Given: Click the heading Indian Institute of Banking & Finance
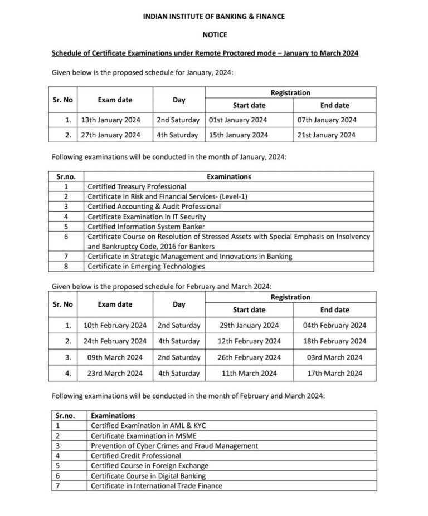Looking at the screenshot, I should pyautogui.click(x=214, y=17).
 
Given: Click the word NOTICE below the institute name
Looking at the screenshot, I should pyautogui.click(x=214, y=35).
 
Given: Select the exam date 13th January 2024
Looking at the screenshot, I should pyautogui.click(x=111, y=120).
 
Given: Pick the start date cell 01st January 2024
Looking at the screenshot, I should pyautogui.click(x=238, y=120).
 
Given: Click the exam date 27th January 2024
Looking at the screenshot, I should pyautogui.click(x=111, y=135).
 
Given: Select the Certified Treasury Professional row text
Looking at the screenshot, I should pyautogui.click(x=137, y=186).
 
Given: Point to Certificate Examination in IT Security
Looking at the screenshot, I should pyautogui.click(x=147, y=216).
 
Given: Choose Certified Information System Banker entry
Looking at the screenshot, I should pyautogui.click(x=146, y=226).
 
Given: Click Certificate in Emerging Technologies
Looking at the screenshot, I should pyautogui.click(x=146, y=266).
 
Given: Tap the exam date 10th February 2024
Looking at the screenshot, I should pyautogui.click(x=115, y=325).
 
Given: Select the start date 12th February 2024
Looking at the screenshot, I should pyautogui.click(x=249, y=341).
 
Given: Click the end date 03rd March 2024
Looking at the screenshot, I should pyautogui.click(x=334, y=357).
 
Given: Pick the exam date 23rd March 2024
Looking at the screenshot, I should pyautogui.click(x=115, y=374).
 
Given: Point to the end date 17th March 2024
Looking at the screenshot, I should pyautogui.click(x=334, y=374).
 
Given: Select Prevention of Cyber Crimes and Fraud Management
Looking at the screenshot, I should pyautogui.click(x=174, y=446).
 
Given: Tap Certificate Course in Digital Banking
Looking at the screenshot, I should pyautogui.click(x=148, y=476).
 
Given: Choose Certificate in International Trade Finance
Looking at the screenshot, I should pyautogui.click(x=156, y=486).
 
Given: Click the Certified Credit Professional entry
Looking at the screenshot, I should pyautogui.click(x=135, y=456).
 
